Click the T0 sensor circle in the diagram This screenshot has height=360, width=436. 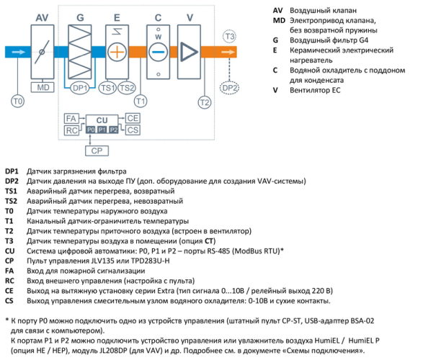click(18, 102)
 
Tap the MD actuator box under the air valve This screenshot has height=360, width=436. click(42, 87)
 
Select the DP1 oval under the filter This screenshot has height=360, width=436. click(80, 88)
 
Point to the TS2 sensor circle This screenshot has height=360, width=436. click(127, 88)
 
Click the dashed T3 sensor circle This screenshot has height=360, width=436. click(229, 36)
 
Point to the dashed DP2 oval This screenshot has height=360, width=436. click(229, 88)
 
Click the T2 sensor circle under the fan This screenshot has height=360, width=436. click(205, 102)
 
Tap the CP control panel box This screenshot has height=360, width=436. click(96, 150)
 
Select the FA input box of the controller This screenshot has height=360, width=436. click(71, 117)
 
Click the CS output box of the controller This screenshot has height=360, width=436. click(133, 130)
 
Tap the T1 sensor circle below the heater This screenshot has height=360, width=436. click(141, 102)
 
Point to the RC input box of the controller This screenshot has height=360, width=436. click(71, 130)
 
